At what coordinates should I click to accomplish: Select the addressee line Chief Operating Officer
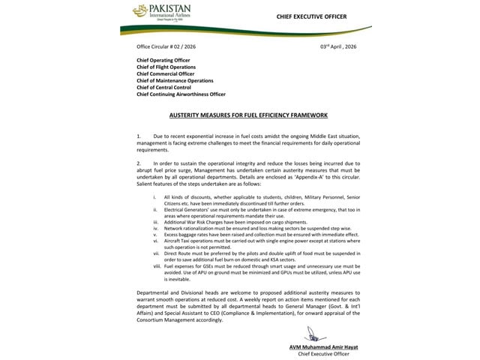[163, 60]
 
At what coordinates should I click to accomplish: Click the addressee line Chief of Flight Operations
[166, 67]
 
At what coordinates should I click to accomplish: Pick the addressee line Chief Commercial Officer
[166, 73]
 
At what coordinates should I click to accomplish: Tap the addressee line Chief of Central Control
[165, 87]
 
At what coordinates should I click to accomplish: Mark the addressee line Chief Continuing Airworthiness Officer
[182, 94]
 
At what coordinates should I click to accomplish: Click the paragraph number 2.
[139, 162]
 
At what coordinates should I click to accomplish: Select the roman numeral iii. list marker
[154, 223]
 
